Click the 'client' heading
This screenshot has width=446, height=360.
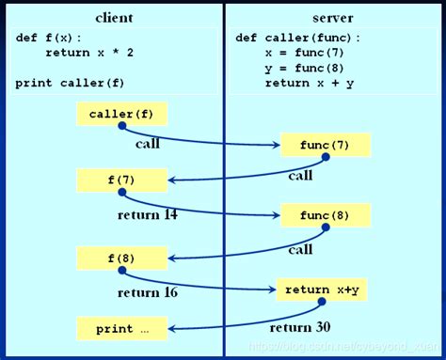(x=114, y=18)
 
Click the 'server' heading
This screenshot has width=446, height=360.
(x=332, y=18)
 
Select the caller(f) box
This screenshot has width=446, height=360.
(x=121, y=115)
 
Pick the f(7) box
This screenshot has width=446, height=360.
(x=122, y=179)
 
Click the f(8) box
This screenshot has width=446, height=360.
(x=122, y=256)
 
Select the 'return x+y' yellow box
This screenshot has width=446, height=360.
(x=321, y=290)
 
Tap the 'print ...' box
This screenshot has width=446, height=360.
(x=122, y=329)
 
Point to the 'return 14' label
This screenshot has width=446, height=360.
(x=148, y=214)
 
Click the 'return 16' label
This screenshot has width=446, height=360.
(x=148, y=292)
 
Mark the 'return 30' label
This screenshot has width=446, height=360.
(x=298, y=327)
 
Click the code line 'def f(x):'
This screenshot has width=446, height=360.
(x=49, y=38)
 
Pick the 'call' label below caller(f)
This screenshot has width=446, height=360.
(x=148, y=144)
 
